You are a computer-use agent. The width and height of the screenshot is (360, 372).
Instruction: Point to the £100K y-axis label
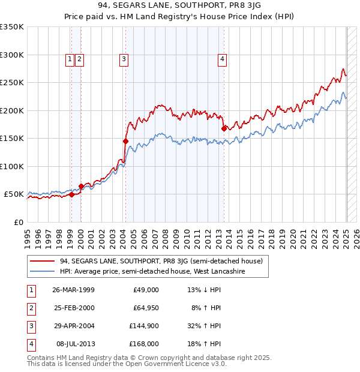(12, 166)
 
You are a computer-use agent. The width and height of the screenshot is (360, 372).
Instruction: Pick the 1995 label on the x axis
(28, 235)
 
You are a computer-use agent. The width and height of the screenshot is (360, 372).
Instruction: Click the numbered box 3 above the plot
(123, 59)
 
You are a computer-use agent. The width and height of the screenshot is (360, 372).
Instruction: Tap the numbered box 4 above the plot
(222, 59)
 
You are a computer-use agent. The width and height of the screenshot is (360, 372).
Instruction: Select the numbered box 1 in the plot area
(70, 59)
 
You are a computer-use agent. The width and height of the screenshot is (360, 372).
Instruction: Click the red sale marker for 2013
(224, 128)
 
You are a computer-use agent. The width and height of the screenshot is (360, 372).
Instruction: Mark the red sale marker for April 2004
(125, 141)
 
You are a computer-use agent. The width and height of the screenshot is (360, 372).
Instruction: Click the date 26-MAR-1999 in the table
(73, 290)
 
